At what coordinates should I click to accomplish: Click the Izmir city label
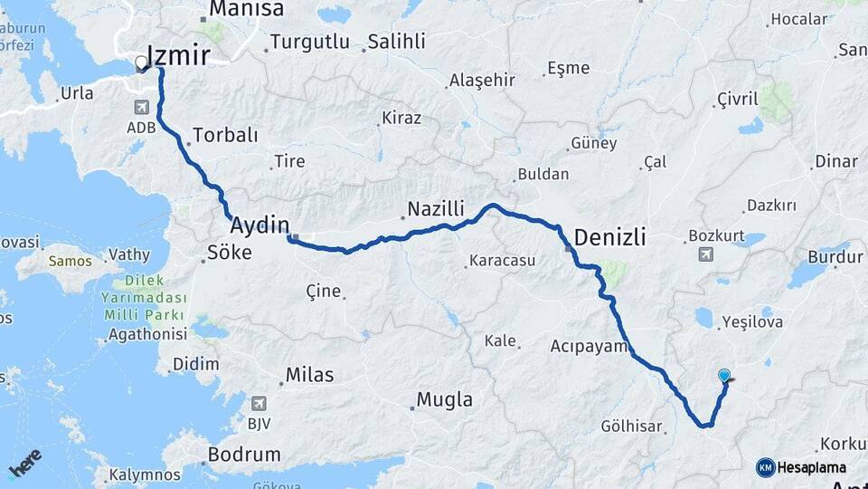(x=178, y=56)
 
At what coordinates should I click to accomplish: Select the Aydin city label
(x=260, y=225)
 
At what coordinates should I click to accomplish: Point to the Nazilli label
(x=435, y=209)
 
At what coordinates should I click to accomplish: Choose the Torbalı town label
(x=225, y=136)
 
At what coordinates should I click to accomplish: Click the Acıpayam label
(x=589, y=346)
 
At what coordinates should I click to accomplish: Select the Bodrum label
(x=244, y=455)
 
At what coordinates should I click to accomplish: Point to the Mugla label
(x=444, y=399)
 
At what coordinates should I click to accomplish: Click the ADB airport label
(x=143, y=129)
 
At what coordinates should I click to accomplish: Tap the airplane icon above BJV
(x=259, y=404)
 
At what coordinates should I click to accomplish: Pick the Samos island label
(x=71, y=262)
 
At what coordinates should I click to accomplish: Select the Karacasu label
(x=502, y=262)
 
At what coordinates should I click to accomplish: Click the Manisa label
(x=247, y=10)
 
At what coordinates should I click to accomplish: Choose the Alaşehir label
(x=482, y=81)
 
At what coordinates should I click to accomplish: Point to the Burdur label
(x=835, y=257)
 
